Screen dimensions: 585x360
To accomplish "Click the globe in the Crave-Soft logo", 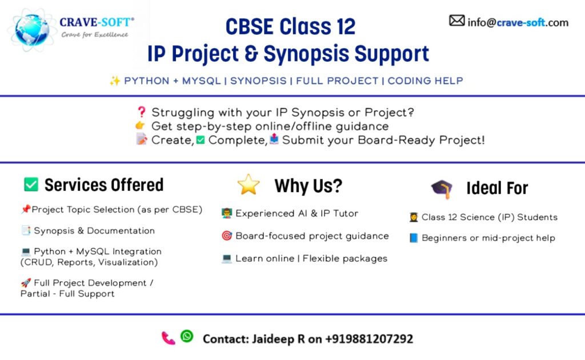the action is (32, 30).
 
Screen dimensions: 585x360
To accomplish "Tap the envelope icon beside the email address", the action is (456, 21).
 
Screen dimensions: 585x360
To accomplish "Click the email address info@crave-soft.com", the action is (518, 22).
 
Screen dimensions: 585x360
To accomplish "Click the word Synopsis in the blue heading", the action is (307, 54).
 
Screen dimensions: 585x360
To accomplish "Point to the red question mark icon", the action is (142, 112).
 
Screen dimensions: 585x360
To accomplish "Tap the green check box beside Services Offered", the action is (31, 185).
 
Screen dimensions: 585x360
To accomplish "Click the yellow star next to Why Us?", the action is (249, 185).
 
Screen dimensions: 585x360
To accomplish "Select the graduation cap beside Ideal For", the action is (442, 189).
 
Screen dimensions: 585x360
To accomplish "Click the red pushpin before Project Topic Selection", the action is (25, 209).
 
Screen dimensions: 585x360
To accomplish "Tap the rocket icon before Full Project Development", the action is (25, 283).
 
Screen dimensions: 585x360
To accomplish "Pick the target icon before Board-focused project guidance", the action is (226, 236).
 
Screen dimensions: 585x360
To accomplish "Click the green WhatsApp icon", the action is (187, 336).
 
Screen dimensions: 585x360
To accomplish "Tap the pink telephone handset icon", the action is (169, 338).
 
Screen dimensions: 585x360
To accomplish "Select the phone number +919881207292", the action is (369, 339).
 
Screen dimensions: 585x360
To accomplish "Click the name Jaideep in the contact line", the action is (273, 339).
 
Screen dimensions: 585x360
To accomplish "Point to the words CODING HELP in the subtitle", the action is (425, 81).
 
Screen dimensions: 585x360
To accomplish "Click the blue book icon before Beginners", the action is (414, 238).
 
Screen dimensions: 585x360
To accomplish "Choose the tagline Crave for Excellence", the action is (95, 35).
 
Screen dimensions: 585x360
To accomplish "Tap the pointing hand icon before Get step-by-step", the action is (141, 126).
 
